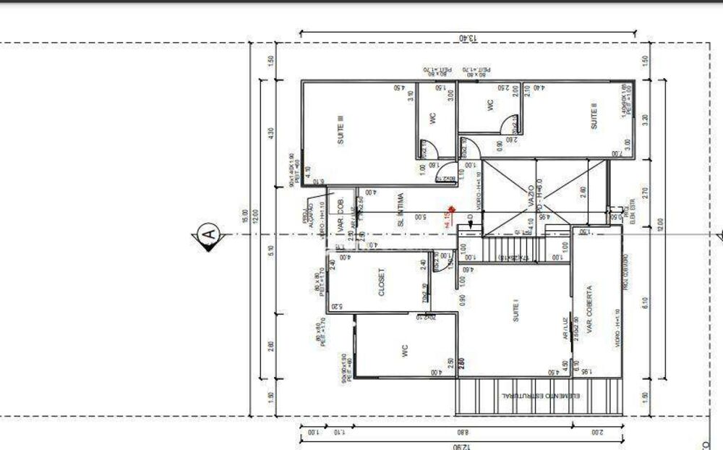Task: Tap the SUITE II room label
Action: point(594,116)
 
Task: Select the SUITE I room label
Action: point(516,310)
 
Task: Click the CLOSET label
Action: point(382,283)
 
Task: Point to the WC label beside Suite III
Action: point(433,119)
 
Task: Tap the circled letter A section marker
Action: point(208,235)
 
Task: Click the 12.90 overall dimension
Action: point(461,446)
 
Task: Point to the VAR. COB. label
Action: point(340,212)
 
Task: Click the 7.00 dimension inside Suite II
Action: point(615,154)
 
